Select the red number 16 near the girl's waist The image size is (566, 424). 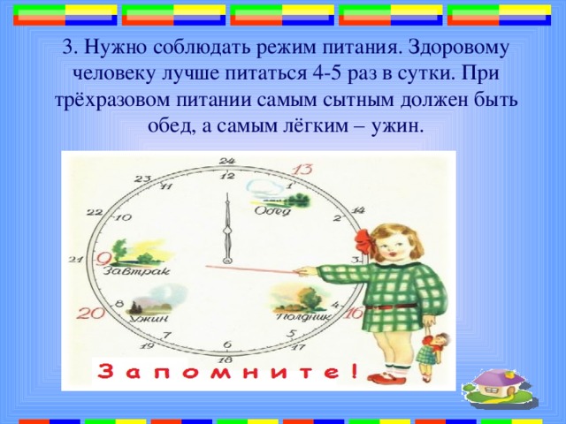click(x=354, y=313)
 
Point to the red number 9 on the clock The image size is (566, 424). click(x=104, y=257)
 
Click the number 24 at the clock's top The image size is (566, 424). click(x=227, y=160)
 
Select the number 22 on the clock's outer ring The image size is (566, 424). click(x=95, y=213)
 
